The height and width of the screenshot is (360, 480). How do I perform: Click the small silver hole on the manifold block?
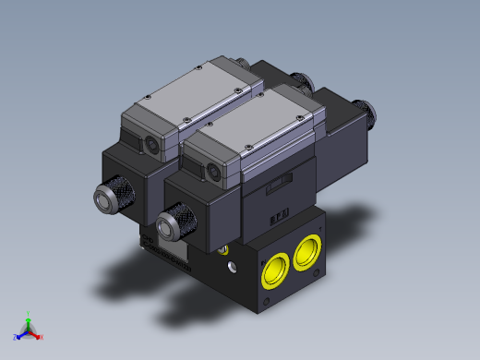[231, 268]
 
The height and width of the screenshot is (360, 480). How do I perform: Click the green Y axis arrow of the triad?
[29, 317]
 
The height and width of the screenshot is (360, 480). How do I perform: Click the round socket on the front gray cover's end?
[216, 171]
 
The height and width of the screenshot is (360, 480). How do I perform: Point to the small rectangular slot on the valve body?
[275, 188]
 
